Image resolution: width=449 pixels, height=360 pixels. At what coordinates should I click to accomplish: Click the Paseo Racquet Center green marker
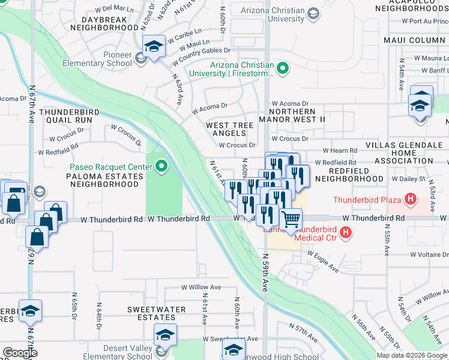coord(161,167)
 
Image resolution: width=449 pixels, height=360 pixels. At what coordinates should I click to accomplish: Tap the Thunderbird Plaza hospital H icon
coord(411,199)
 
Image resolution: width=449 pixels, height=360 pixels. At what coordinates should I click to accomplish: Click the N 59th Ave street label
coord(265,272)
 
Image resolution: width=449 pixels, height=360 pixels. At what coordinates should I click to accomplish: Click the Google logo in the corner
coord(20,353)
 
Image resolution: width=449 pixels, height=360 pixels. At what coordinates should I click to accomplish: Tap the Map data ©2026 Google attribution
coord(412,355)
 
